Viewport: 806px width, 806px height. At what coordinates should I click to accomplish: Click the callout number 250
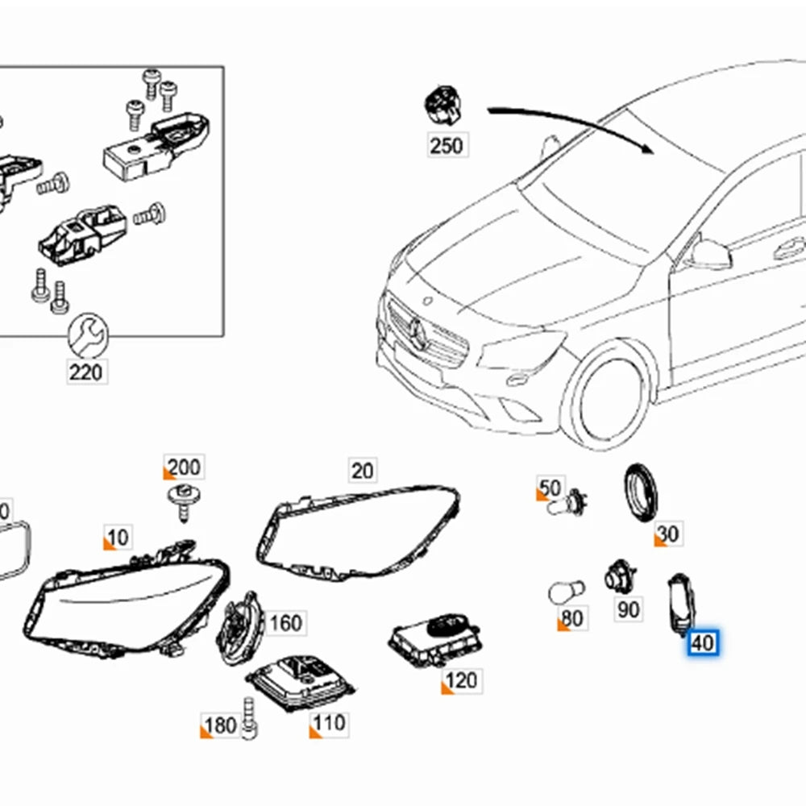point(447,145)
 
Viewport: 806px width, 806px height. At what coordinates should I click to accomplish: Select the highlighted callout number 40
point(702,642)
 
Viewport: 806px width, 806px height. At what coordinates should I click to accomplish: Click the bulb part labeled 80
point(565,594)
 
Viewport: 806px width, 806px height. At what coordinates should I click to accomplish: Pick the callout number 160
point(285,622)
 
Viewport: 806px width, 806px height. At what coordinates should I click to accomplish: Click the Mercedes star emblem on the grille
point(418,330)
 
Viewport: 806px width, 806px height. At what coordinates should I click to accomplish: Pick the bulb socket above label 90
point(620,575)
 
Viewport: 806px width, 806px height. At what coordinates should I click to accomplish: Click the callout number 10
point(118,537)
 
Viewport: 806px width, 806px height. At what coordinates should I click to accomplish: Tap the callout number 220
point(86,372)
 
